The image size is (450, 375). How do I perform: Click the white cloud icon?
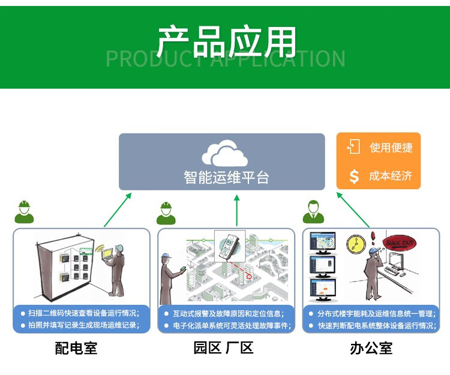pos(224,153)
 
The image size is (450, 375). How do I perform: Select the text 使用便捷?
pos(391,147)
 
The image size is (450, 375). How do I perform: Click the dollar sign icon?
pos(354,176)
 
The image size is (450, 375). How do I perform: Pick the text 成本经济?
pos(391,176)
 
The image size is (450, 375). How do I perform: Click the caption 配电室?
pos(76,347)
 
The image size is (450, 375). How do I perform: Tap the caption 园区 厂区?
pos(223,347)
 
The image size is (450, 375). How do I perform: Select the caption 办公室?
pos(371,347)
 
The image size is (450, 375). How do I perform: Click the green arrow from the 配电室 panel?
pos(117,210)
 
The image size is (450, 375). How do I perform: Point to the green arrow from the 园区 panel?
pos(236,210)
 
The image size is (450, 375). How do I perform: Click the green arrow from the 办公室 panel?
pos(353,210)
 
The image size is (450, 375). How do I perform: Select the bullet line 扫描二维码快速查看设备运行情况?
pos(83,313)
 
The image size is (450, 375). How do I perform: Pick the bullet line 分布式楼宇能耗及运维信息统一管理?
pos(374,313)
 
